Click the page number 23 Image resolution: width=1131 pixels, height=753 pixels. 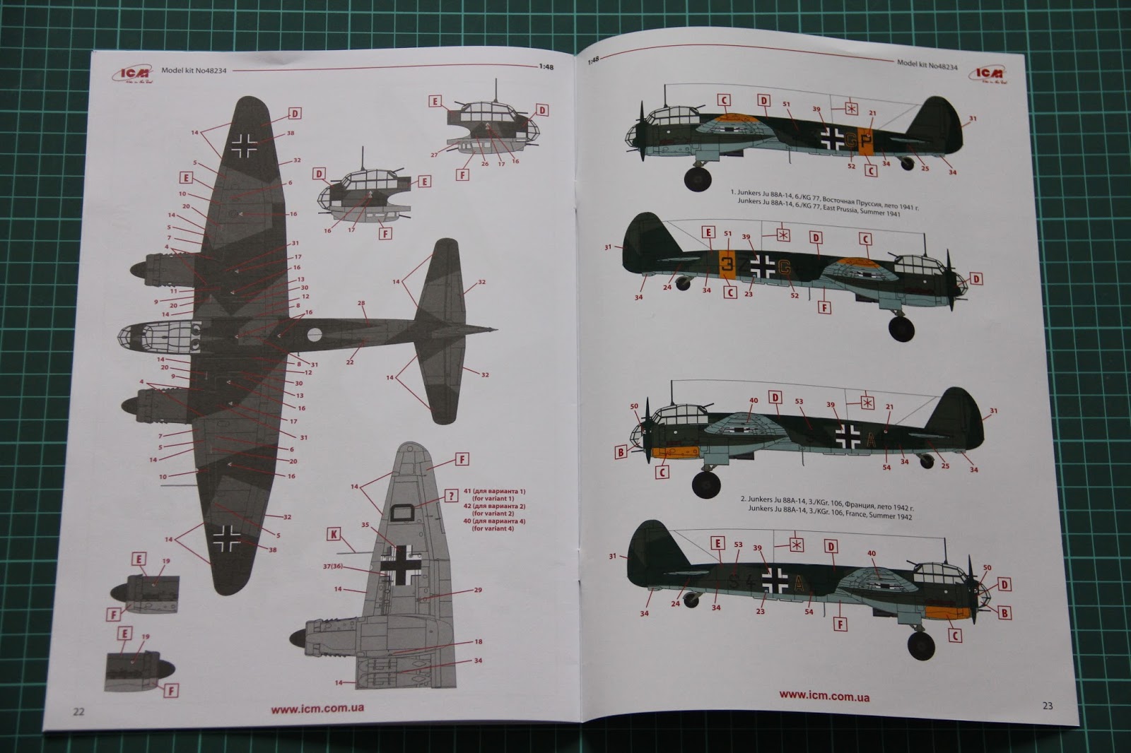tap(1047, 705)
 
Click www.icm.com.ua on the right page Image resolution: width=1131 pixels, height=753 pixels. tap(824, 696)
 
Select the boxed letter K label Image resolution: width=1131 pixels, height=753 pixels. tap(334, 534)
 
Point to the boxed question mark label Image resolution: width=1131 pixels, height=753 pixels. tap(451, 496)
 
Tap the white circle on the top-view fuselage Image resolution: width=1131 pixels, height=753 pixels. tap(314, 335)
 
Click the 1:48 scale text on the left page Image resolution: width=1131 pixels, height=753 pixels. tap(546, 67)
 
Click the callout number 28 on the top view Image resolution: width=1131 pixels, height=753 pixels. tap(361, 304)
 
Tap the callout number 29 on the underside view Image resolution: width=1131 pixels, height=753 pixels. tap(478, 590)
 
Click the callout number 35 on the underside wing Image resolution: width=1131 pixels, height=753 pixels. tap(365, 525)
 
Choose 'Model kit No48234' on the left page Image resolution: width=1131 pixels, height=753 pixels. tap(194, 71)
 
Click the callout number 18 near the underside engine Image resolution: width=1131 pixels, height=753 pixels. tap(478, 641)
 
